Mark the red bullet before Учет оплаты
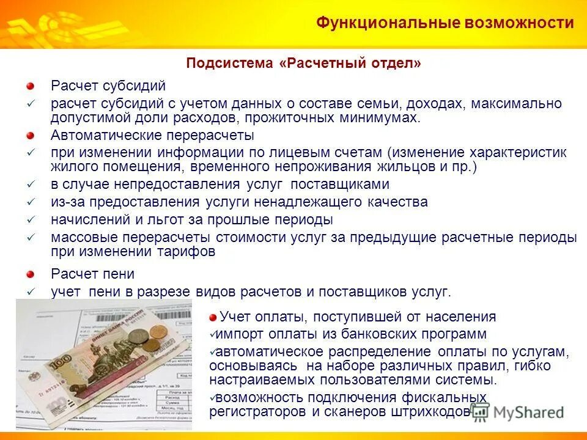212,317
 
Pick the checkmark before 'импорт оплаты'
212,334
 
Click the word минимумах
379,118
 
